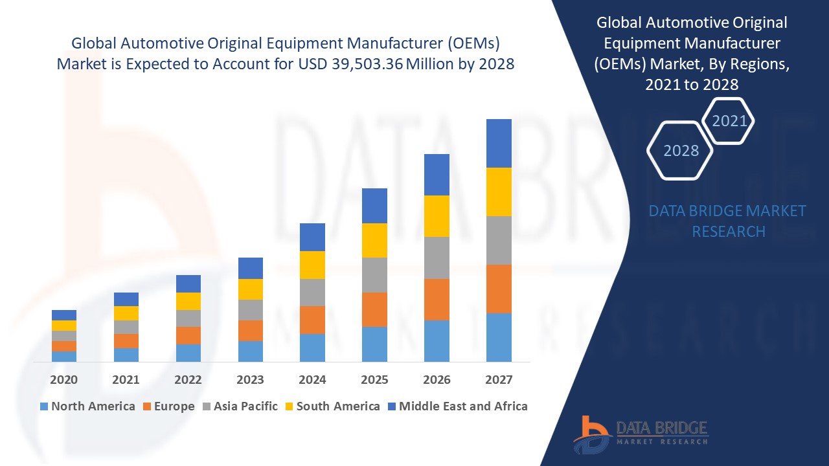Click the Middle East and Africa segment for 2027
pos(499,143)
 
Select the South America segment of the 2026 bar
pos(437,216)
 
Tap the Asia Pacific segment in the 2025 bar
pos(374,275)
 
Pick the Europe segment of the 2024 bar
pos(312,320)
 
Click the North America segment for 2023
pos(251,351)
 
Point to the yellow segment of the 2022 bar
pos(188,301)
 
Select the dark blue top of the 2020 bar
pos(64,315)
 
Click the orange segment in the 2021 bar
pos(126,341)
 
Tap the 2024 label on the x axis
pos(312,380)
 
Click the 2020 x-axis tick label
pos(64,380)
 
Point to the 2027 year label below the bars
pos(499,380)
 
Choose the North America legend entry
pos(87,406)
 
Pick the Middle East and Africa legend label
pos(463,406)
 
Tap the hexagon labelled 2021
pos(729,121)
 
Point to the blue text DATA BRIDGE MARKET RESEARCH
pos(728,221)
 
